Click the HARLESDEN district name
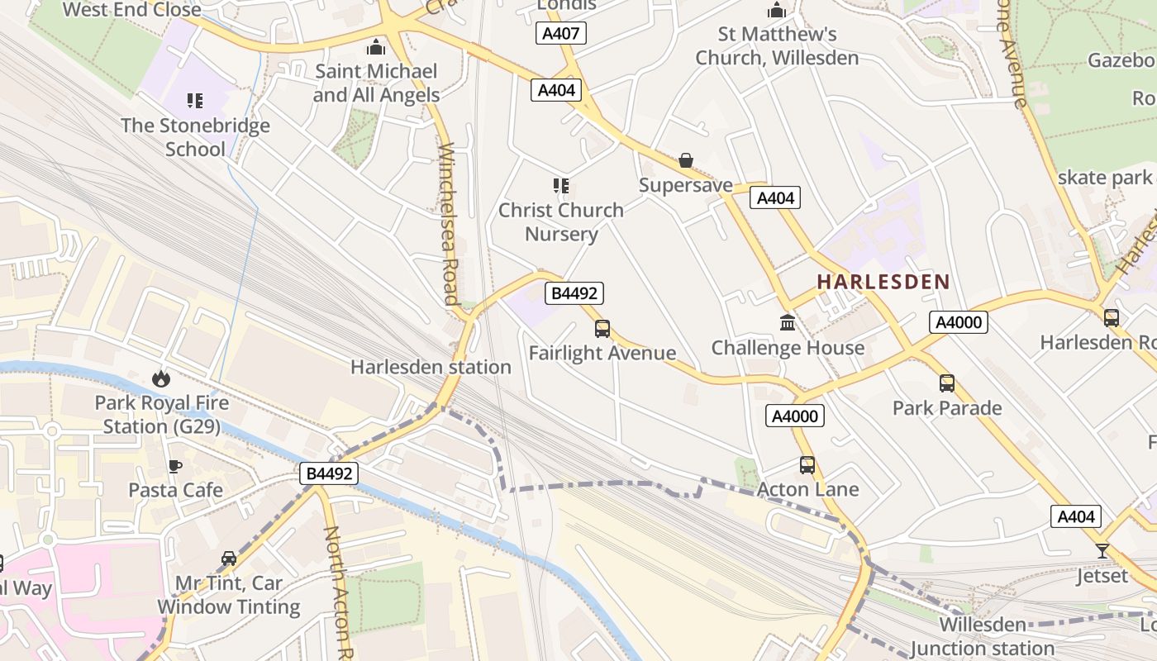(x=883, y=282)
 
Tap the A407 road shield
(x=561, y=33)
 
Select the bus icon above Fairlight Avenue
(x=602, y=329)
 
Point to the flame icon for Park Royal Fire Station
(x=160, y=379)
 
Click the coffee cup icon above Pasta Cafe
(x=175, y=466)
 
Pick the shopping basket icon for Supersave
(x=686, y=160)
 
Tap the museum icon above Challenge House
(x=788, y=323)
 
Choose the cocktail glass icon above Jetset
(x=1102, y=551)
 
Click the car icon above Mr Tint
(x=229, y=559)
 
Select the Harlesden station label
(x=431, y=367)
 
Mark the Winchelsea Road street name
(x=448, y=223)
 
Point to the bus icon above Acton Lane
(x=807, y=465)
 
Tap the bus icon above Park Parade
(x=947, y=383)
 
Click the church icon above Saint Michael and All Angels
(x=376, y=47)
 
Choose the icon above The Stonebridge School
(x=195, y=101)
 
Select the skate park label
(x=1104, y=177)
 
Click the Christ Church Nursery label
(x=561, y=221)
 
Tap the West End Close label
(x=132, y=10)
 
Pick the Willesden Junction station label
(x=983, y=636)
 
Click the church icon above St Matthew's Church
(x=777, y=10)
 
